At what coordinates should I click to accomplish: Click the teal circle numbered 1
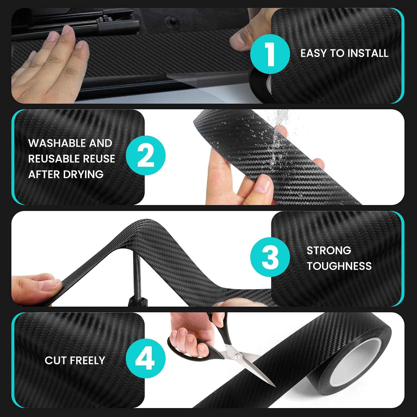click(x=270, y=54)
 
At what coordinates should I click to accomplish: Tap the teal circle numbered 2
click(x=146, y=155)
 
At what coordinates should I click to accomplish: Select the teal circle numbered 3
click(x=270, y=257)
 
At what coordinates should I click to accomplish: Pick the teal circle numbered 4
click(x=146, y=358)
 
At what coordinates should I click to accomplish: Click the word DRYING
click(x=83, y=175)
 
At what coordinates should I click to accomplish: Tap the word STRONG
click(x=329, y=250)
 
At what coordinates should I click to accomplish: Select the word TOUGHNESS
click(x=339, y=266)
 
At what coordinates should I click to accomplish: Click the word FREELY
click(x=87, y=360)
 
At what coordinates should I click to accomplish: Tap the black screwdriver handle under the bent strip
click(x=137, y=302)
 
